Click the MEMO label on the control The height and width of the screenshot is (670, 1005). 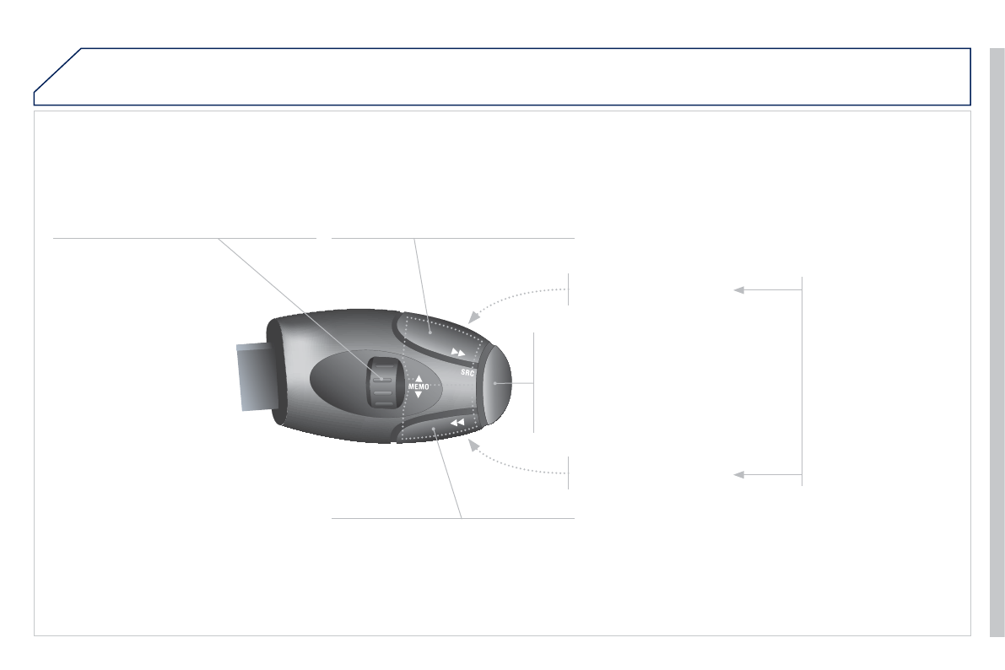point(419,386)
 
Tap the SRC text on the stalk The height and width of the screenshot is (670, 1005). point(467,372)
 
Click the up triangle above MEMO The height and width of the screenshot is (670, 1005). point(419,378)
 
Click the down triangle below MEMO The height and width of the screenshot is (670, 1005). point(419,395)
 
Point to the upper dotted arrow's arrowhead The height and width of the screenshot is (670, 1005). point(474,316)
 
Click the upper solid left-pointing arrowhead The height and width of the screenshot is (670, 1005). point(739,289)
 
